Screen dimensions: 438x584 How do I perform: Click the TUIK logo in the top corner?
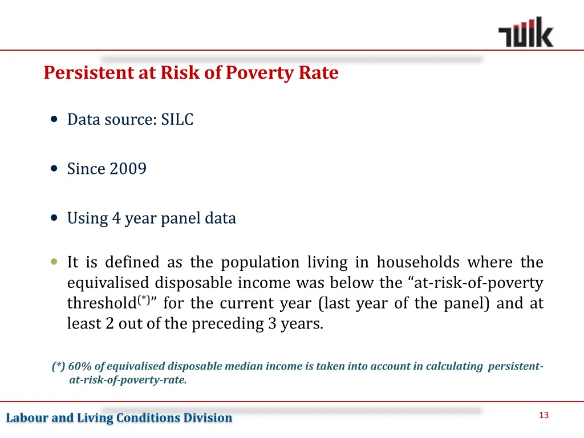[525, 33]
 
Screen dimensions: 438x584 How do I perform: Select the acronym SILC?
[177, 120]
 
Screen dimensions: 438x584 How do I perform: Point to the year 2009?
[128, 169]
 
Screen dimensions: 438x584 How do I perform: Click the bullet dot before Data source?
[54, 120]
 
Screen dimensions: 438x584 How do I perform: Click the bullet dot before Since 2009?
[54, 169]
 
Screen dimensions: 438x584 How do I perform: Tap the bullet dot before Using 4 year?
[54, 218]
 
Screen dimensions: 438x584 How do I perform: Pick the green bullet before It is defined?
[54, 262]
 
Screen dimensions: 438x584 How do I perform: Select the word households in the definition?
[418, 262]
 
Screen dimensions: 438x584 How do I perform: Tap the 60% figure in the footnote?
[79, 366]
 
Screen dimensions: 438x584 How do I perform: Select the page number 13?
[543, 415]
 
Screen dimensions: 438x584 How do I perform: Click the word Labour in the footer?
[27, 418]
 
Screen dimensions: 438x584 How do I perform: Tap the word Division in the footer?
[208, 418]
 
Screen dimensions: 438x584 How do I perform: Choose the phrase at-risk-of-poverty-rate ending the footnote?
[128, 380]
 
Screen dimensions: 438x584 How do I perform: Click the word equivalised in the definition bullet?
[108, 283]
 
